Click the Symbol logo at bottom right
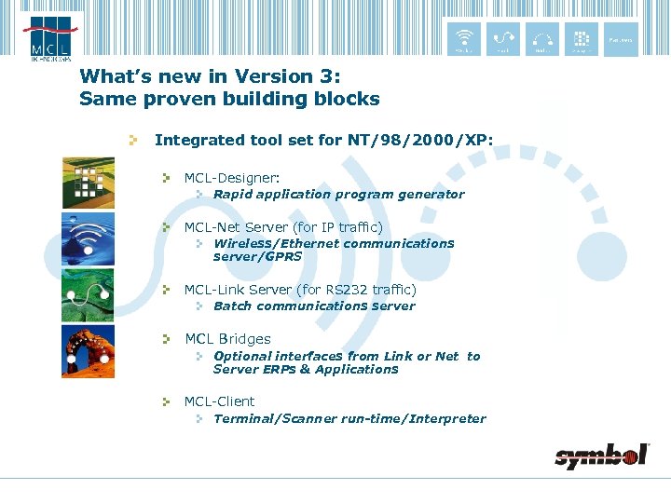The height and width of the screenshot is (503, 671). pyautogui.click(x=601, y=455)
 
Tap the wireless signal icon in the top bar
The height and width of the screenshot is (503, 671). pyautogui.click(x=463, y=37)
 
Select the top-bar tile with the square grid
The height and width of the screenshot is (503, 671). pyautogui.click(x=581, y=37)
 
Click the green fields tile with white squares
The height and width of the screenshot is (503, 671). pyautogui.click(x=89, y=183)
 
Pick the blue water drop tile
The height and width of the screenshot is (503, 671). pyautogui.click(x=89, y=239)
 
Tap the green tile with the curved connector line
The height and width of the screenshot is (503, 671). pyautogui.click(x=89, y=295)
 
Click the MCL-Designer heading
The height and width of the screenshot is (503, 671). pyautogui.click(x=232, y=177)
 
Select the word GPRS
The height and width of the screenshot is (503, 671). pyautogui.click(x=283, y=256)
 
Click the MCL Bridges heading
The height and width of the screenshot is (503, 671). pyautogui.click(x=227, y=339)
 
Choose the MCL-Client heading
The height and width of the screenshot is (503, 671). pyautogui.click(x=219, y=401)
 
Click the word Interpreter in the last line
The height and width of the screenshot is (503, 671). pyautogui.click(x=445, y=419)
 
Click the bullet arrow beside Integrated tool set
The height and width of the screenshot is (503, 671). pyautogui.click(x=134, y=141)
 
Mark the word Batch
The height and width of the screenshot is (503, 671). pyautogui.click(x=232, y=306)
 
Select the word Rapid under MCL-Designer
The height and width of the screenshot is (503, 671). pyautogui.click(x=232, y=195)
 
